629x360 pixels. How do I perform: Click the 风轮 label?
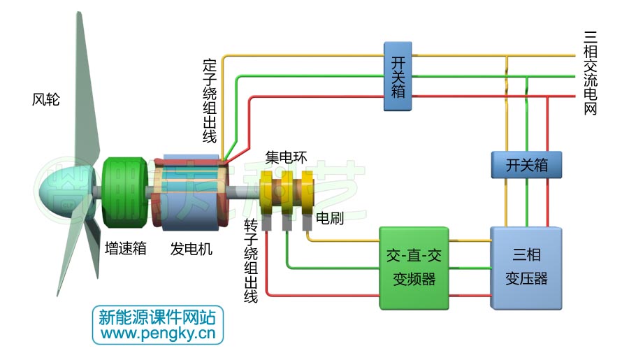[46, 100]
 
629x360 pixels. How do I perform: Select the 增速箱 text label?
[125, 248]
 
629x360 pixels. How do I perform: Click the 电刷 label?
[329, 218]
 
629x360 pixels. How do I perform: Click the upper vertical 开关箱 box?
[397, 75]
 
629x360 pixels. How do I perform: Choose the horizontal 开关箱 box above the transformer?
[526, 166]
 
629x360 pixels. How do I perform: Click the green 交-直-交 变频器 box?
[413, 268]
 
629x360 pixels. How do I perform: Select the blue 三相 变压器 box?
[526, 268]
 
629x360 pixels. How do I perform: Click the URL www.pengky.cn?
[158, 334]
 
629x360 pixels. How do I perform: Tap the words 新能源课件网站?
[158, 317]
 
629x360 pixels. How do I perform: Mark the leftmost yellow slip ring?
[268, 194]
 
